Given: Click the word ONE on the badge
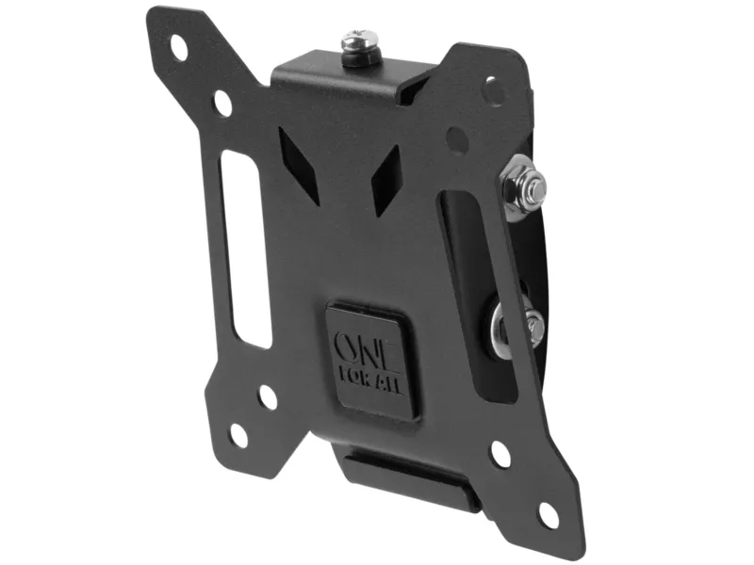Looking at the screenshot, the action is pos(366,347).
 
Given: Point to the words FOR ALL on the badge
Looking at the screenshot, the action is pos(370,381).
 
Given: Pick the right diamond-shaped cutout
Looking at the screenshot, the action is pos(386,180).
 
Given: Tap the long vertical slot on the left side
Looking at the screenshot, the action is pos(245,250).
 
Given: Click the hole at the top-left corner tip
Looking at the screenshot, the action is pos(179,48).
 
